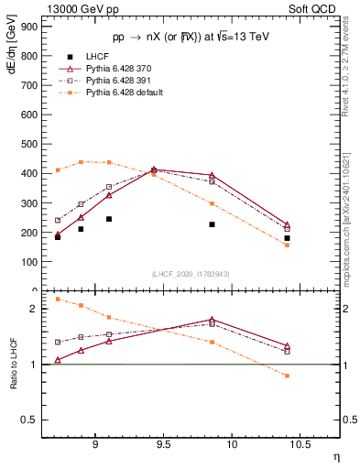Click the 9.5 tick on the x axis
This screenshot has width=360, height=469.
tap(163, 444)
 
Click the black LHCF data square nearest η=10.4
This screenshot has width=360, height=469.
tap(287, 238)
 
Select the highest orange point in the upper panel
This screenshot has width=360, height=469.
tap(82, 161)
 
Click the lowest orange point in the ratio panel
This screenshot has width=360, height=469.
tap(287, 376)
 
